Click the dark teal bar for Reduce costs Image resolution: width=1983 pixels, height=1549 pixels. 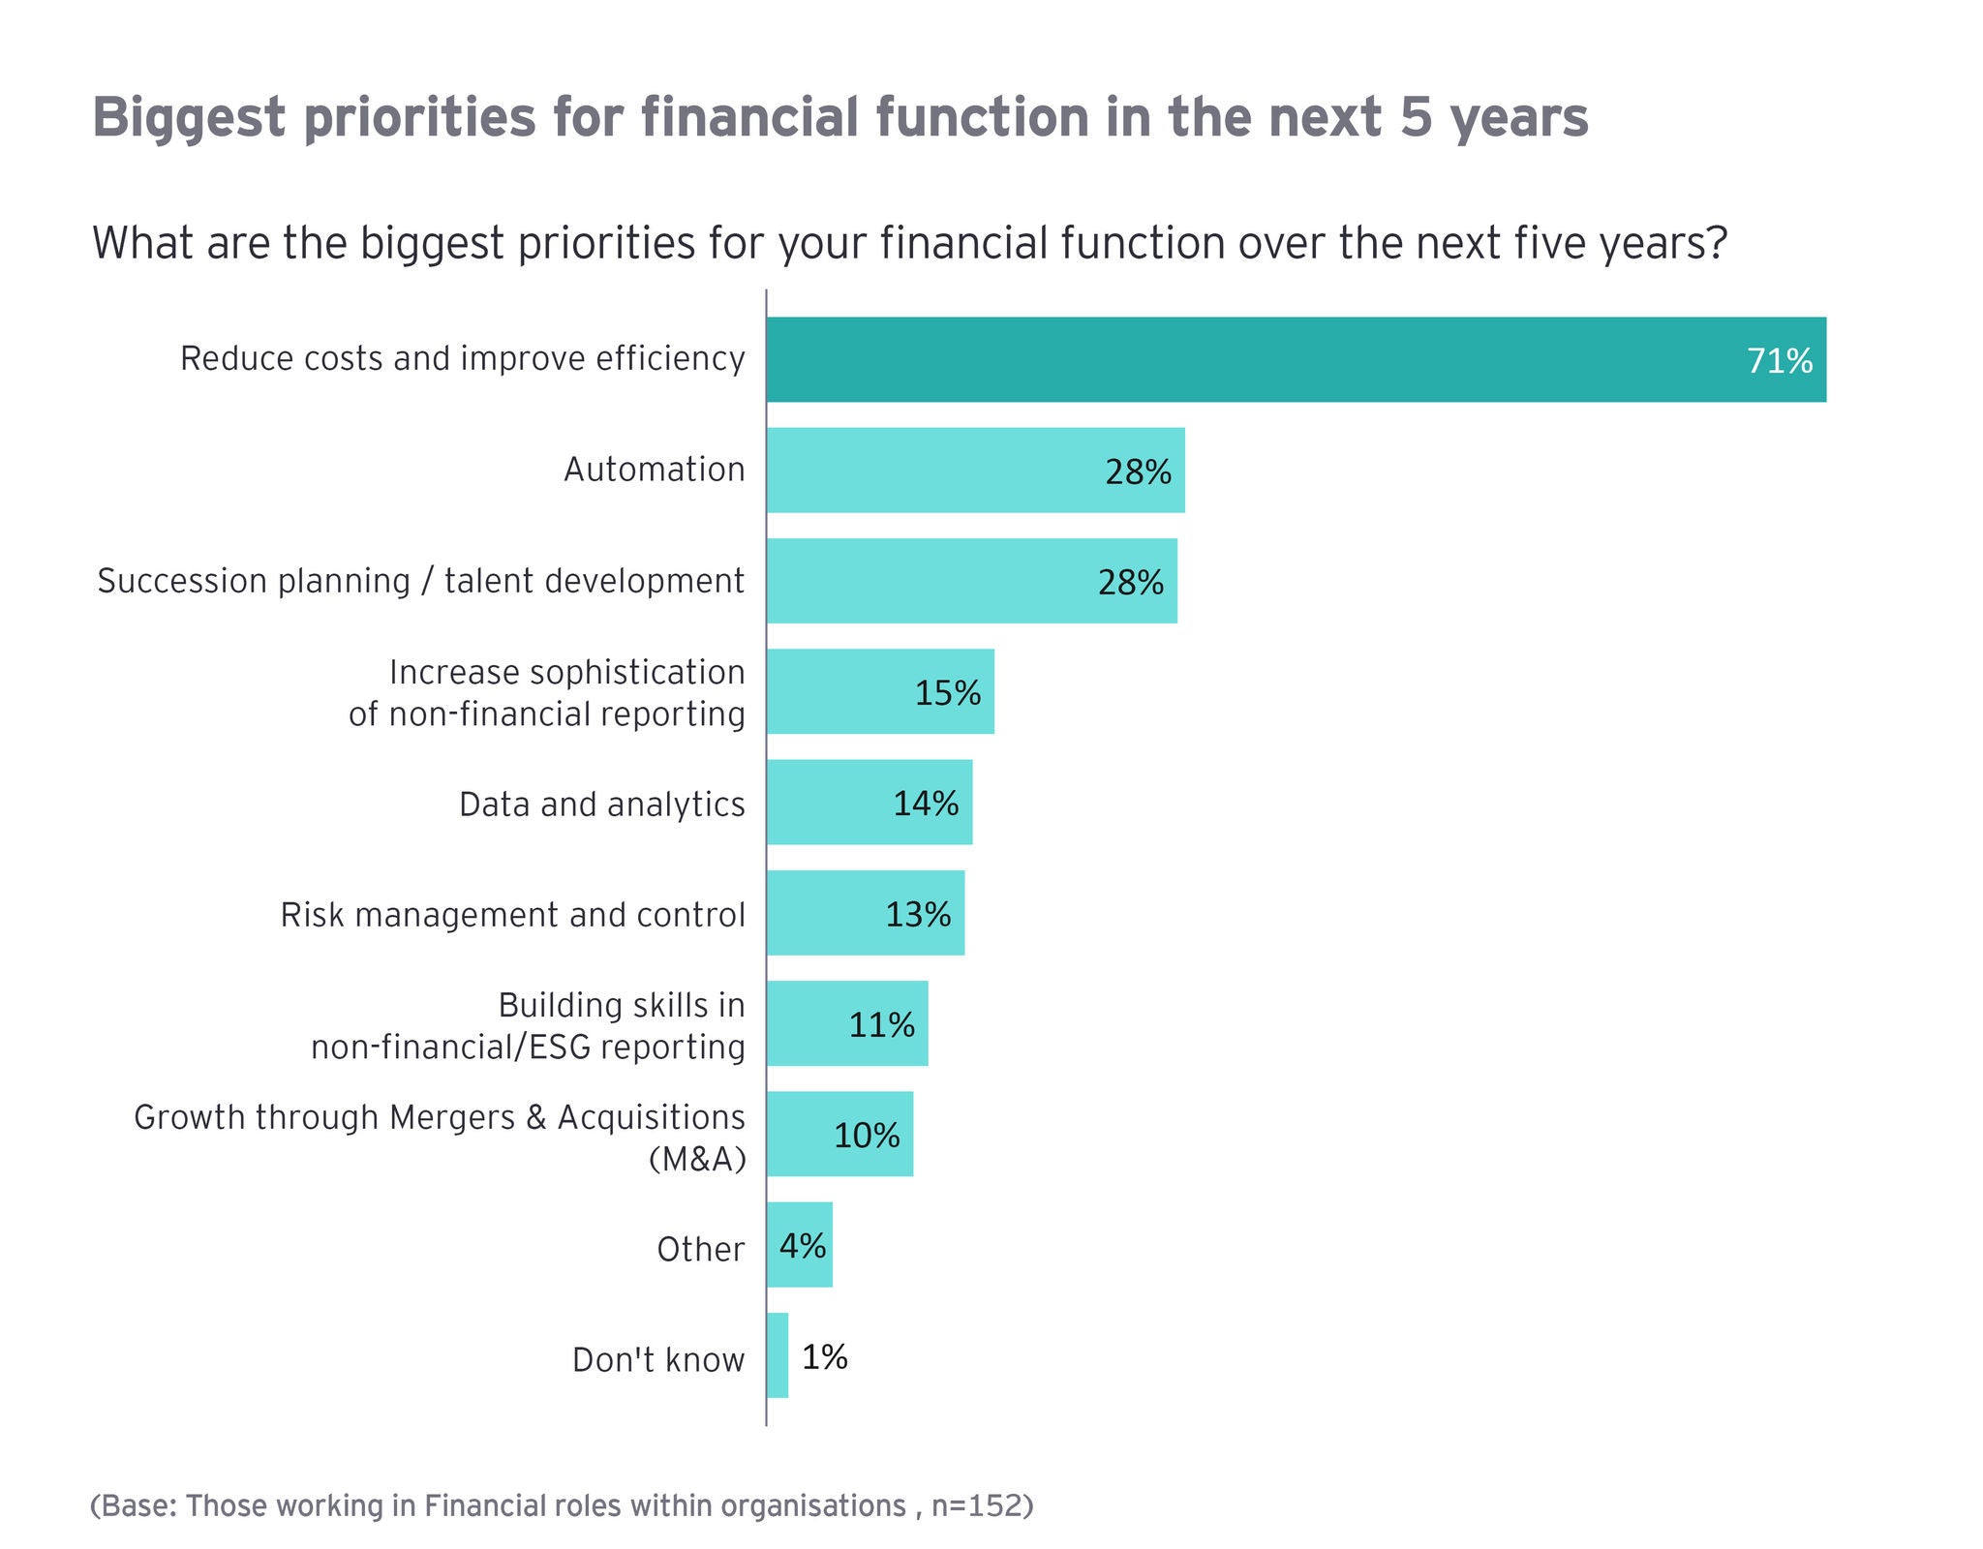[x=1297, y=359]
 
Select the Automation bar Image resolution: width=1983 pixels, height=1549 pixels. [x=976, y=471]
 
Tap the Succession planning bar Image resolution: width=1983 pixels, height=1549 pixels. [x=972, y=581]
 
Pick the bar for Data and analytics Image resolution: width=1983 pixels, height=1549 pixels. [x=869, y=803]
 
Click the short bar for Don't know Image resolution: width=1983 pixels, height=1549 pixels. [x=778, y=1355]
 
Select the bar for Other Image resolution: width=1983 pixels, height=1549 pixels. [x=800, y=1245]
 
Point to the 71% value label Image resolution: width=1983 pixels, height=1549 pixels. [x=1780, y=361]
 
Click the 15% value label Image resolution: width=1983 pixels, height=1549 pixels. [x=948, y=693]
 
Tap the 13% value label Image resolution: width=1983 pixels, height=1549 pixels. [x=918, y=915]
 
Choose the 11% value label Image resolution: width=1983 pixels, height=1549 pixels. [x=881, y=1025]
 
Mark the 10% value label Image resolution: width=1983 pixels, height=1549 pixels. [x=867, y=1136]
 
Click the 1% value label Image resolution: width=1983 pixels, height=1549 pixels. [x=825, y=1357]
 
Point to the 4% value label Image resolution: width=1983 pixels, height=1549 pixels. [x=803, y=1246]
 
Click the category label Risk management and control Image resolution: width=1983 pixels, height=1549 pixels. [x=513, y=915]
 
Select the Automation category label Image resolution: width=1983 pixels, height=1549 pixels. [x=655, y=470]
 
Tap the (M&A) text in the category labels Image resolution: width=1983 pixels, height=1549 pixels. [x=697, y=1159]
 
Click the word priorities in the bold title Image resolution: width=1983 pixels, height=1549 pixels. [x=420, y=118]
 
